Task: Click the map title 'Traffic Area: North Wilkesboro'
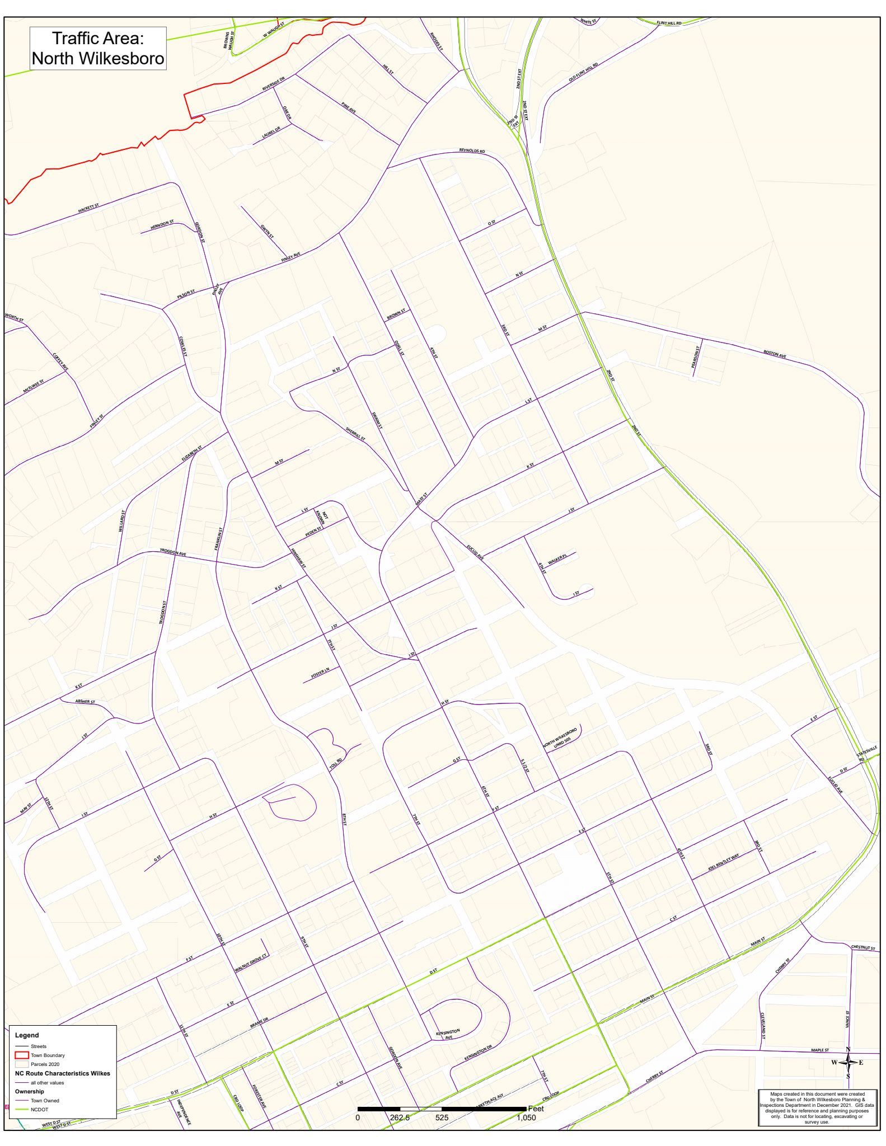pyautogui.click(x=98, y=49)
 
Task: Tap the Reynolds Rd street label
pyautogui.click(x=472, y=151)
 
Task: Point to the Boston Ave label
pyautogui.click(x=775, y=354)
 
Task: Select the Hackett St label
pyautogui.click(x=88, y=208)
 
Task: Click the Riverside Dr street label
pyautogui.click(x=274, y=84)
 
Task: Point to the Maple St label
pyautogui.click(x=820, y=1050)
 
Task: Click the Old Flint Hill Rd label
pyautogui.click(x=583, y=72)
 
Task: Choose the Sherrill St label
pyautogui.click(x=355, y=434)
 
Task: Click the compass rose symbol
pyautogui.click(x=848, y=1062)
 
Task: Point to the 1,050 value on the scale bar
pyautogui.click(x=526, y=1117)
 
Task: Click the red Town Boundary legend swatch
pyautogui.click(x=22, y=1055)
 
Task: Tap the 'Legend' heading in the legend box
pyautogui.click(x=27, y=1035)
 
